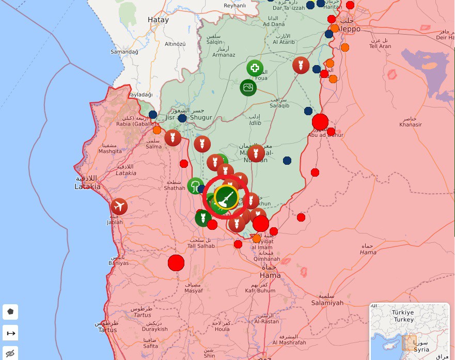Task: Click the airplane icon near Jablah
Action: pos(119,207)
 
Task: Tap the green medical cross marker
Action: pos(255,68)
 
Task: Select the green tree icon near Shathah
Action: pos(195,185)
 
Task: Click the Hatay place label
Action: pos(158,20)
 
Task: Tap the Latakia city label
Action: pos(87,186)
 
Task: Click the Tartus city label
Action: pos(107,330)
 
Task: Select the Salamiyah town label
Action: pos(327,303)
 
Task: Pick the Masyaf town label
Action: pos(194,290)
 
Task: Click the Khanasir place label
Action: pos(411,124)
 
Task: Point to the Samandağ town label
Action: pos(124,52)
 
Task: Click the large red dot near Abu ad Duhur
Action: pos(320,122)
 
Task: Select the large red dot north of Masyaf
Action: pos(176,262)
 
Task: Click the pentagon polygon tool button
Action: pos(10,312)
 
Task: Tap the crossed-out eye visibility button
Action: pos(10,353)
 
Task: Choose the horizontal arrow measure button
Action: pos(10,333)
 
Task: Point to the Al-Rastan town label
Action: pos(266,321)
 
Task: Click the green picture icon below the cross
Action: pos(248,87)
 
